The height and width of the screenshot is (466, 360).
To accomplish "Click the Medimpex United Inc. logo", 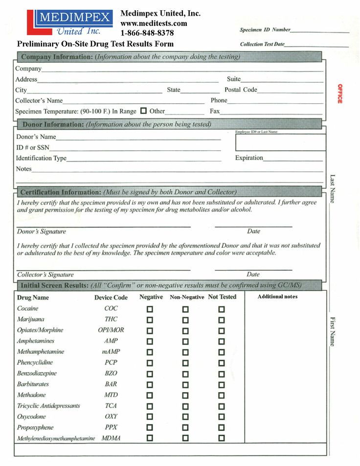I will pyautogui.click(x=69, y=23).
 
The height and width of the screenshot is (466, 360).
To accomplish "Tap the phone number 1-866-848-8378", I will pyautogui.click(x=147, y=33).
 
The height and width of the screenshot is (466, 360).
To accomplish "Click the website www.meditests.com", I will pyautogui.click(x=154, y=23).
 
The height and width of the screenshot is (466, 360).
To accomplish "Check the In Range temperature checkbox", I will pyautogui.click(x=143, y=111).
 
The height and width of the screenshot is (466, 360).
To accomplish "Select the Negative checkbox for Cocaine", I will pyautogui.click(x=150, y=309).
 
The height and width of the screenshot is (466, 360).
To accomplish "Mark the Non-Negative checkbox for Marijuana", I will pyautogui.click(x=185, y=320).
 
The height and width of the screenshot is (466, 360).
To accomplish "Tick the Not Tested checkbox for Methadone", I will pyautogui.click(x=222, y=396).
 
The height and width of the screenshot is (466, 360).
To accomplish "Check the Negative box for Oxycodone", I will pyautogui.click(x=150, y=417).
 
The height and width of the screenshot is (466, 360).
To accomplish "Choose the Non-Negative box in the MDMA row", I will pyautogui.click(x=185, y=439).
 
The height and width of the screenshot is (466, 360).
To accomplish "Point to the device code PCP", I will pyautogui.click(x=111, y=363).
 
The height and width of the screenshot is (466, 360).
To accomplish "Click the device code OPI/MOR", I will pyautogui.click(x=111, y=330).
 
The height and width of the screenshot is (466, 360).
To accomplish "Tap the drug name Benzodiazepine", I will pyautogui.click(x=37, y=373).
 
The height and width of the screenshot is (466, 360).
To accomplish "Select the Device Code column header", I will pyautogui.click(x=111, y=298).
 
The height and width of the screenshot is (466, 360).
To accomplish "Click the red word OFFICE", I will pyautogui.click(x=339, y=93).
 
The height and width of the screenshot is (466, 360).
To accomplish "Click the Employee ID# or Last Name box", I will pyautogui.click(x=280, y=142).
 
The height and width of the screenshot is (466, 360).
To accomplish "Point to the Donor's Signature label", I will pyautogui.click(x=41, y=232).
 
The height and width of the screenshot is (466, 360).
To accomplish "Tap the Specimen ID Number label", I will pyautogui.click(x=265, y=30).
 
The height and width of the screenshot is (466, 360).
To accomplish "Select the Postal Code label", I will pyautogui.click(x=241, y=90).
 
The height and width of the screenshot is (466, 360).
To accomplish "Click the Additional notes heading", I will pyautogui.click(x=277, y=297).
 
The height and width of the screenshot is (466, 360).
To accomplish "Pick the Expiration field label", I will pyautogui.click(x=249, y=158).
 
